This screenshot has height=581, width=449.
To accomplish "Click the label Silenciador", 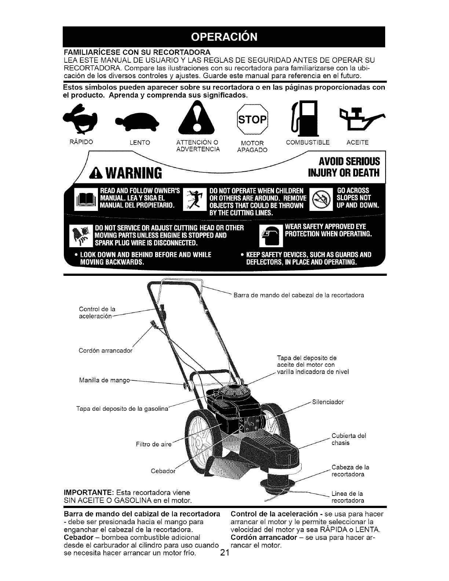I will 328,402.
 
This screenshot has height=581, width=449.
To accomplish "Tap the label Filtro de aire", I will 153,445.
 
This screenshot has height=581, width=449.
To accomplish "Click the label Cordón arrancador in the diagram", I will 105,350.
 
